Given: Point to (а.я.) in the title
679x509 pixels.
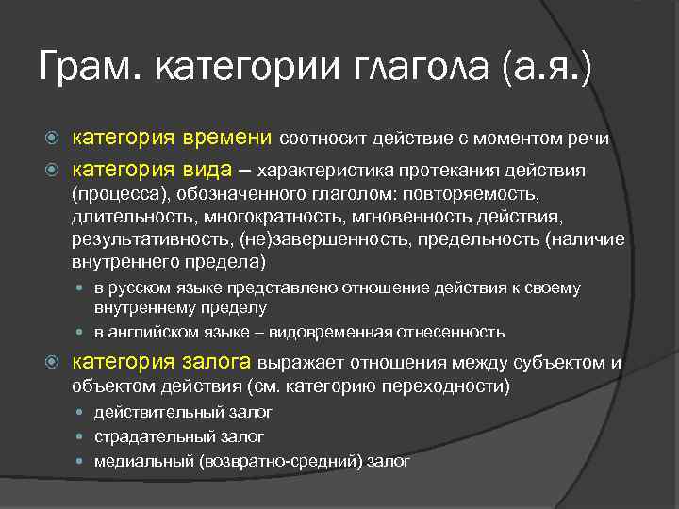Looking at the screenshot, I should (548, 69).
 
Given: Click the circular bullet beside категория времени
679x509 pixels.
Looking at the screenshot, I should (54, 140).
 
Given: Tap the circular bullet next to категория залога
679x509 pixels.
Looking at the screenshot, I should (54, 361).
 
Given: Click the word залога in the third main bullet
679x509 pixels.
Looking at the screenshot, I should (215, 361).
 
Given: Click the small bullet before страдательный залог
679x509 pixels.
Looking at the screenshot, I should (81, 436).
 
